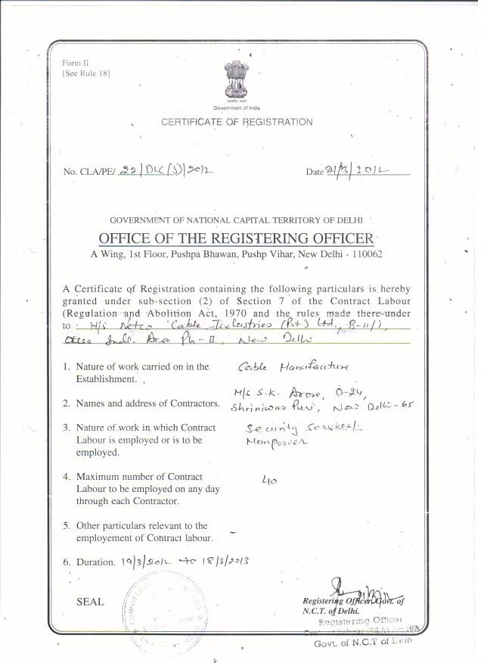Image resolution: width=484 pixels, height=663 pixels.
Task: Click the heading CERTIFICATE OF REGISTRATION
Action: point(237,122)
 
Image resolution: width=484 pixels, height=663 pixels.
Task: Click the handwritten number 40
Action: point(266,480)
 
